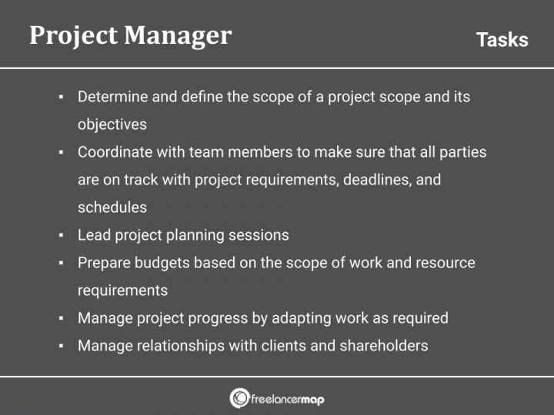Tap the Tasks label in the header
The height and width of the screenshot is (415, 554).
click(502, 40)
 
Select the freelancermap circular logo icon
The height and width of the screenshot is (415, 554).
click(239, 398)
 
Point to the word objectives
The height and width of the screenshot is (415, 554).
click(112, 124)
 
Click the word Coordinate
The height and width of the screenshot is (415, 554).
click(113, 152)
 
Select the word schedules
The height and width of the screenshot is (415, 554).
click(112, 207)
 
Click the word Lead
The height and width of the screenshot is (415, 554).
click(92, 235)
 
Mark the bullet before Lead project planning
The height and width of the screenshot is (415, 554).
click(61, 235)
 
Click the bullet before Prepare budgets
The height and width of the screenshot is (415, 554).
click(61, 263)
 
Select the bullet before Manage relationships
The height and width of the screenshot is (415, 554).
click(61, 346)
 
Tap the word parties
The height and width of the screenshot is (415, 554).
click(463, 152)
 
